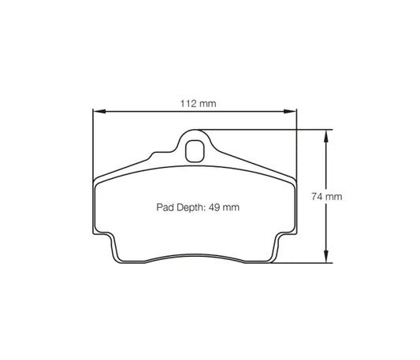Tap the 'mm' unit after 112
point(207,103)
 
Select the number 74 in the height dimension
point(316,196)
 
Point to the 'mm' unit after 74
point(333,196)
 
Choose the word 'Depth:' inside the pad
point(191,207)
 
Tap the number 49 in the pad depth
point(215,207)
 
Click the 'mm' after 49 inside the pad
point(231,207)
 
